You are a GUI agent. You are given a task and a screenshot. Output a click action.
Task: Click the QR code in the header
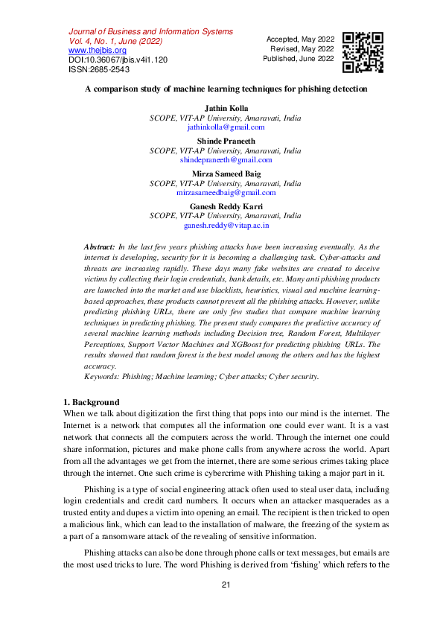(363, 52)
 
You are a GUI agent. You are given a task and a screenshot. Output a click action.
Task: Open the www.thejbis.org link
(98, 51)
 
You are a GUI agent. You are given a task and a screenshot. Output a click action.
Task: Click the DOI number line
(118, 60)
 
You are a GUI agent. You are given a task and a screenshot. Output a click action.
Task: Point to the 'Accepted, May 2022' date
(300, 39)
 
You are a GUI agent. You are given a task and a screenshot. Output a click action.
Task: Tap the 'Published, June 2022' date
(299, 58)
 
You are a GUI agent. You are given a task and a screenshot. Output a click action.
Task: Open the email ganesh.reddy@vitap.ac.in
(226, 224)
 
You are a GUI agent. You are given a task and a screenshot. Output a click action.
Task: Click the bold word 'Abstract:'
(99, 246)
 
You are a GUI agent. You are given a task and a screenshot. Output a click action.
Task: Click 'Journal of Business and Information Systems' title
(150, 32)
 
